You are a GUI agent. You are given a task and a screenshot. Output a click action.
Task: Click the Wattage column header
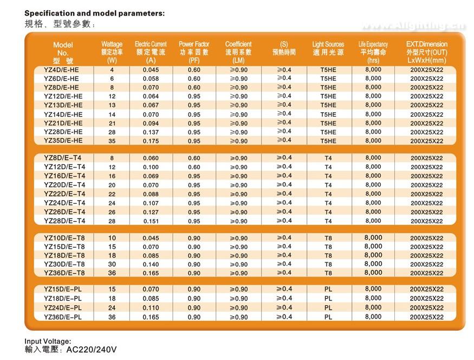click(112, 52)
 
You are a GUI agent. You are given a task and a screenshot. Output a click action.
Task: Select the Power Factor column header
click(194, 52)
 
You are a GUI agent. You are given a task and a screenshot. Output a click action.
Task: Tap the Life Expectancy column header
click(373, 52)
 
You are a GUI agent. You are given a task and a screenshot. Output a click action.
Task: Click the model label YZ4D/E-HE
click(61, 70)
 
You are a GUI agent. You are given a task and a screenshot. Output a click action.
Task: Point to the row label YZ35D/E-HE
click(63, 140)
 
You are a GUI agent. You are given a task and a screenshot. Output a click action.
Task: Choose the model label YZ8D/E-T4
click(63, 158)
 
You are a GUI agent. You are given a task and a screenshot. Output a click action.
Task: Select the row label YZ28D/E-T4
click(64, 221)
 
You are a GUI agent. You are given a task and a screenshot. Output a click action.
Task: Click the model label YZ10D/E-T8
click(64, 238)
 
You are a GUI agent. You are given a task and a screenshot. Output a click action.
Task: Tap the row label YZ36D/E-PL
click(63, 317)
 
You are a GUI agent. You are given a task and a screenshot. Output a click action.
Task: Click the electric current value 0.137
click(151, 132)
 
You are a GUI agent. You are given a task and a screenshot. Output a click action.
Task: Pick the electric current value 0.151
click(151, 221)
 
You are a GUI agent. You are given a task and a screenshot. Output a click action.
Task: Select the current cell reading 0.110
click(151, 307)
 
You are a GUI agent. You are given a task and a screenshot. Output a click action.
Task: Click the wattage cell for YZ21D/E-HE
click(112, 124)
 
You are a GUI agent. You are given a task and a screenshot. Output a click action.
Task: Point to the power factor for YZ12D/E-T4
click(194, 167)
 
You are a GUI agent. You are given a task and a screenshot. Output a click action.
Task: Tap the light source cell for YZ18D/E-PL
click(328, 298)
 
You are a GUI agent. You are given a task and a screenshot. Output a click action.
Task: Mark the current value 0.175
click(151, 141)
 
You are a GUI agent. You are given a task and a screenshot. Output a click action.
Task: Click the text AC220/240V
click(92, 350)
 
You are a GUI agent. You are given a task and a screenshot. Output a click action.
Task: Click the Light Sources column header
click(328, 48)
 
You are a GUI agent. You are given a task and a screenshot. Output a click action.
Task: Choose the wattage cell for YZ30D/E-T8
click(112, 264)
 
